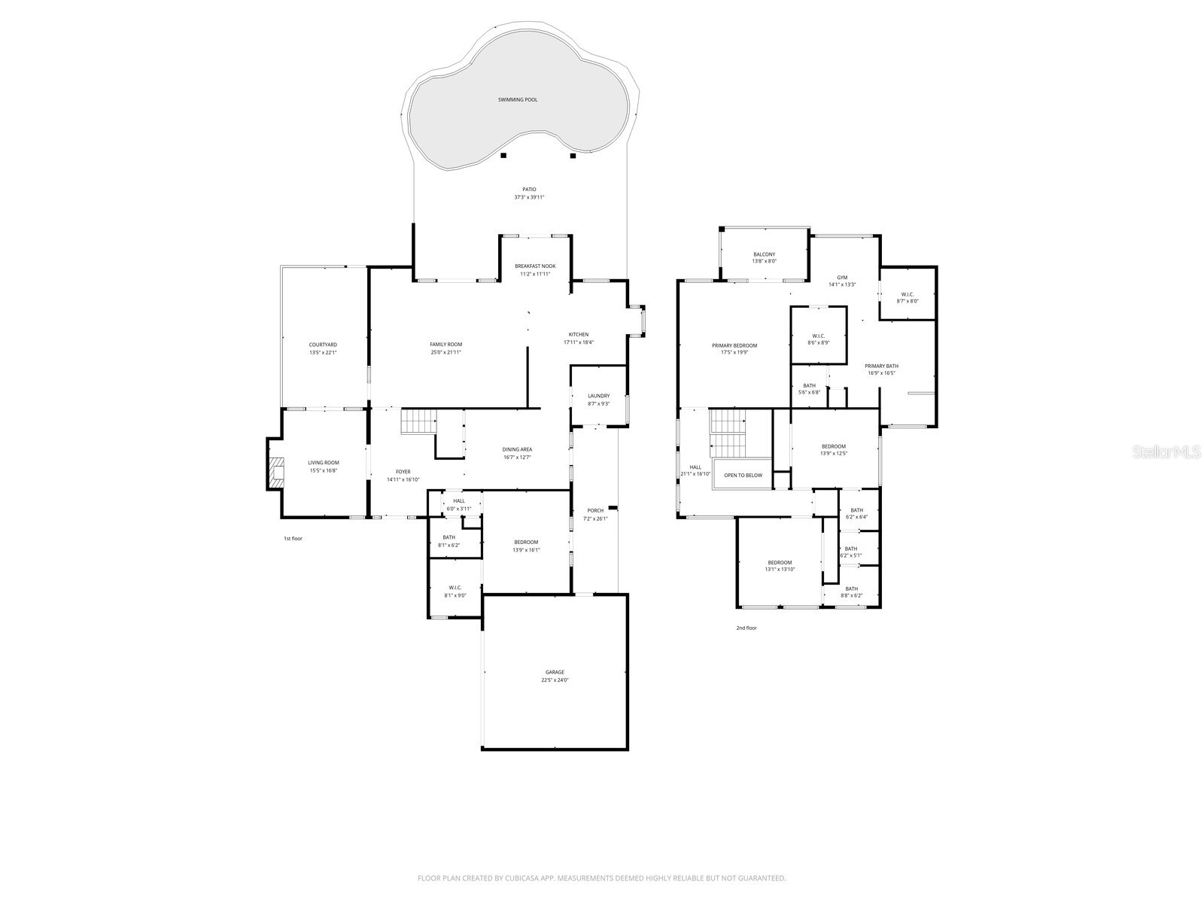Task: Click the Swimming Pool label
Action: click(518, 99)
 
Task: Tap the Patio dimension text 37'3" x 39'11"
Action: click(529, 197)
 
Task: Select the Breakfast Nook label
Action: click(535, 266)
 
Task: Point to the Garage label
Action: click(555, 672)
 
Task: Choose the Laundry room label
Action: click(598, 396)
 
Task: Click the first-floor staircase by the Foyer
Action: click(418, 421)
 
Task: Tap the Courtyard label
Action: click(323, 345)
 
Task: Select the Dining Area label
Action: click(517, 449)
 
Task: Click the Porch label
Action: click(595, 510)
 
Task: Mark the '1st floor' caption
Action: click(293, 538)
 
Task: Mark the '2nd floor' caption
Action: click(746, 628)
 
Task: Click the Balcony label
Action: click(764, 254)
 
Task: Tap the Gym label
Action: click(842, 277)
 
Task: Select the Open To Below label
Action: click(743, 475)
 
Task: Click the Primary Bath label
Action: click(881, 366)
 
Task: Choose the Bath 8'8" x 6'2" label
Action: click(851, 588)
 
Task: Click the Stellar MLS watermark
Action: click(1169, 452)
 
